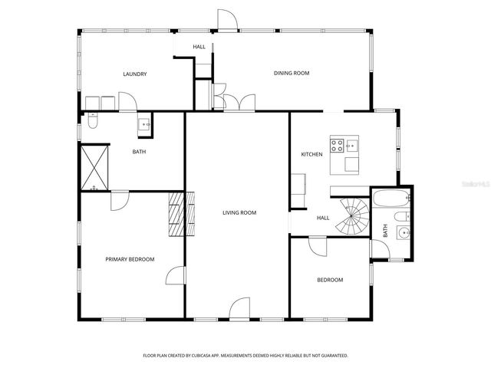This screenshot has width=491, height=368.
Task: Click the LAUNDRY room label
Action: click(x=134, y=74)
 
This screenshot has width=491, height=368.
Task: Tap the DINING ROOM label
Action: click(x=292, y=74)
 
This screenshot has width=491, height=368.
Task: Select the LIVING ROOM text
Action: click(x=239, y=212)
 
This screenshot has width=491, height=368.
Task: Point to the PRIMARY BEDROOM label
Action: click(x=130, y=259)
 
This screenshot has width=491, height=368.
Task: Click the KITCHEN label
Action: click(x=311, y=155)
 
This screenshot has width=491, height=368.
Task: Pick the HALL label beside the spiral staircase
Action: click(x=323, y=218)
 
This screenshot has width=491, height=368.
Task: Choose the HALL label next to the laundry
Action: click(x=199, y=47)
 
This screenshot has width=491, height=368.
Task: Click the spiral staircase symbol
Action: click(x=354, y=216)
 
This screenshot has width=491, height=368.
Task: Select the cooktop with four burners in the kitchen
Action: click(x=337, y=143)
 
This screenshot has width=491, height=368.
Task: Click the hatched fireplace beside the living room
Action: click(x=177, y=217)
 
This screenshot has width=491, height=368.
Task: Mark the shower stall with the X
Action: click(x=95, y=166)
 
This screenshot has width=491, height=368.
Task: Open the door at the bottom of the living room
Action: click(x=239, y=309)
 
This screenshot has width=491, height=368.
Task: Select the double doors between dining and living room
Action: click(x=234, y=102)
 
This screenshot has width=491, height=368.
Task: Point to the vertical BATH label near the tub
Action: click(x=384, y=231)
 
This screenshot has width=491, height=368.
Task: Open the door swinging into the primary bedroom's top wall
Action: click(x=119, y=200)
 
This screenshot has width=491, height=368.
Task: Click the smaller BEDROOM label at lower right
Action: click(x=330, y=280)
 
